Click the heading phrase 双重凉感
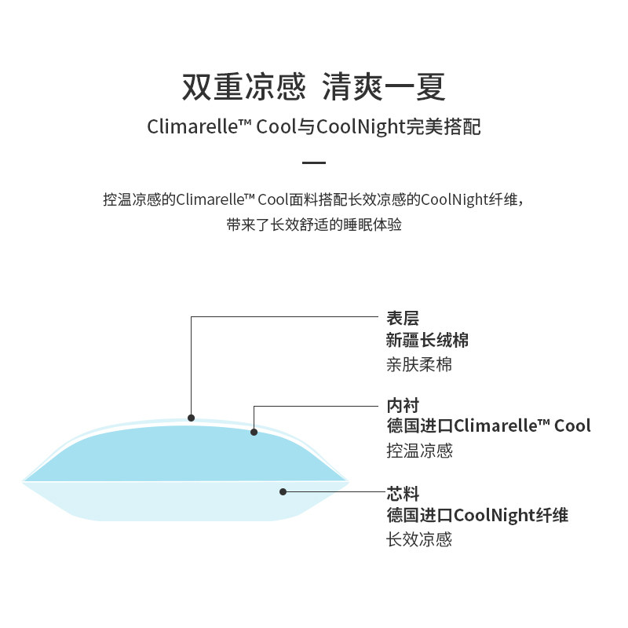[243, 87]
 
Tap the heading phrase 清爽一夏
[385, 87]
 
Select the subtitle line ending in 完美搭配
[314, 126]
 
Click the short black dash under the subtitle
[314, 162]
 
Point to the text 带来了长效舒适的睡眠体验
[314, 225]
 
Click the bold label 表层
[403, 318]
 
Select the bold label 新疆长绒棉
[428, 341]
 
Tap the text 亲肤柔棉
[419, 364]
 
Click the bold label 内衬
[403, 406]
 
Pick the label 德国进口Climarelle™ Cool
[488, 426]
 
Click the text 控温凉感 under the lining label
[419, 451]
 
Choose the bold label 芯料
[403, 494]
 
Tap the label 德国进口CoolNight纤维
[477, 515]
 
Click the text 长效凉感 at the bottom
[419, 539]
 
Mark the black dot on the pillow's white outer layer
[191, 418]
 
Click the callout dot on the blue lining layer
[254, 432]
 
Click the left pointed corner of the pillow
[24, 480]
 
